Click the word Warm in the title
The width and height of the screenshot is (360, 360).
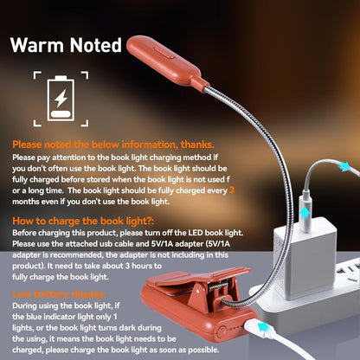tap(37, 45)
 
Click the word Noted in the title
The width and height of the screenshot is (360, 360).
tap(96, 45)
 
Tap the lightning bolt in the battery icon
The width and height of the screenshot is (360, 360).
tap(61, 99)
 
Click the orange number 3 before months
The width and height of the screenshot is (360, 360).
tap(232, 190)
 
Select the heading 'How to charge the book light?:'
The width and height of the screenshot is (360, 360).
tap(83, 222)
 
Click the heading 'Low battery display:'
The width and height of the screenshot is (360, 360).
tap(59, 294)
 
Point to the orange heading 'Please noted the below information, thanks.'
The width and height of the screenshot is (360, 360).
tap(113, 145)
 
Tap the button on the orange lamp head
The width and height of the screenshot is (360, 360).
tap(164, 53)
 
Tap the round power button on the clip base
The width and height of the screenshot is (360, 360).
tap(222, 331)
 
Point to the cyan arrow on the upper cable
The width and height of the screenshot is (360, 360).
tap(344, 167)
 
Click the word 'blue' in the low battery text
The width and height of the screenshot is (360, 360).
tap(34, 317)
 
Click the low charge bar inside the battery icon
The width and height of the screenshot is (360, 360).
tap(61, 113)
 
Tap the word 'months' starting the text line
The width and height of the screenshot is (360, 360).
tap(26, 202)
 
